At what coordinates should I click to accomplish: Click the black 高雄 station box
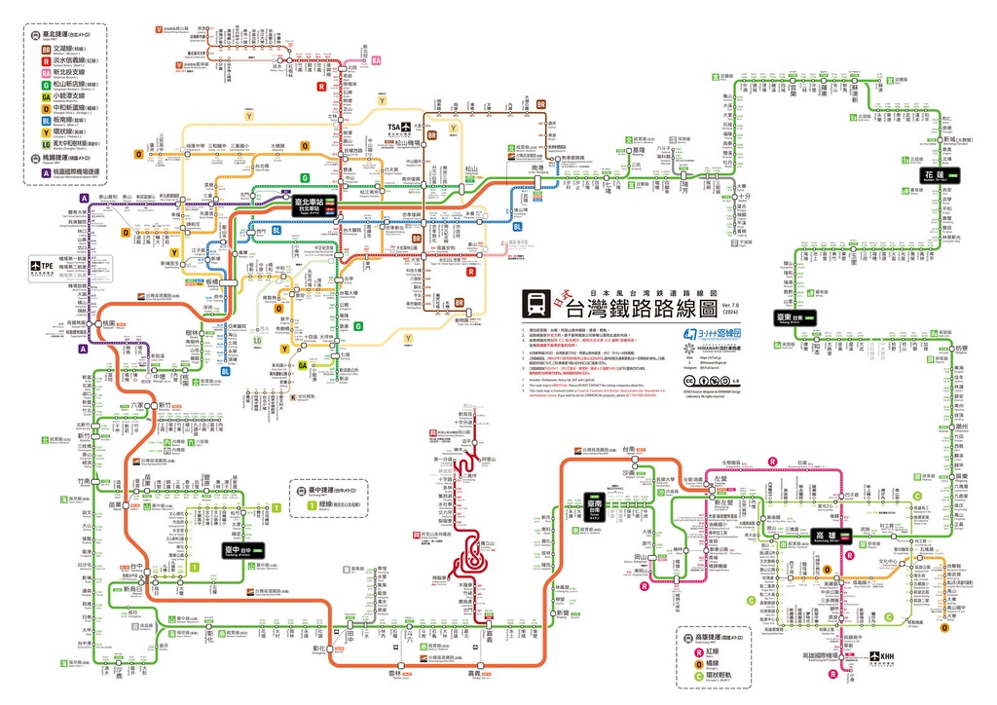[831, 535]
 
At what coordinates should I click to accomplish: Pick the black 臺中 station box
[241, 550]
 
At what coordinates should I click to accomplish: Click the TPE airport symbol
[43, 267]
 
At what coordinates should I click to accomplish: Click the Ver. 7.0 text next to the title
[731, 306]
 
